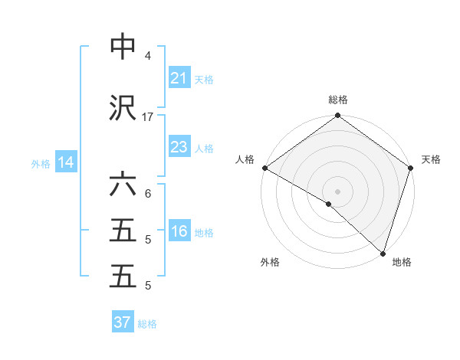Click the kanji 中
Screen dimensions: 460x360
click(123, 47)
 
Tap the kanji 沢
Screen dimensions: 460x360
click(123, 109)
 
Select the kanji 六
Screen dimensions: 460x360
click(123, 186)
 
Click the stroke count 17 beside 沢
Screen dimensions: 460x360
click(148, 117)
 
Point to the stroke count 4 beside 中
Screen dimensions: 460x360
click(148, 56)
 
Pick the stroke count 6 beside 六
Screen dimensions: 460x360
click(148, 195)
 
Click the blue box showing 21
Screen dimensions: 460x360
click(179, 78)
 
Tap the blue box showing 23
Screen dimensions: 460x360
click(179, 147)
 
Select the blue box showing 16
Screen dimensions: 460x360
click(179, 231)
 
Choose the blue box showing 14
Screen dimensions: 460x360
click(65, 162)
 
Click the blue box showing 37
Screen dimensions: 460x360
click(123, 322)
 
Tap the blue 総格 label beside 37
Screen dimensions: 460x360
click(147, 324)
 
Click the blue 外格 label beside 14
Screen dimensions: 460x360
click(41, 163)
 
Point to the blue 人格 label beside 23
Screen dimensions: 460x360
click(204, 148)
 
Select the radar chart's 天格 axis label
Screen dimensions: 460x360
click(431, 159)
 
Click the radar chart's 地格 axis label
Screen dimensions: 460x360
click(402, 262)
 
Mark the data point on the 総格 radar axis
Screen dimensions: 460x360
click(337, 116)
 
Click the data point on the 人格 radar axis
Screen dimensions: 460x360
click(264, 168)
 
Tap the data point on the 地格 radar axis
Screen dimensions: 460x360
click(383, 254)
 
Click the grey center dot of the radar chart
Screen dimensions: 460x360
click(337, 191)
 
